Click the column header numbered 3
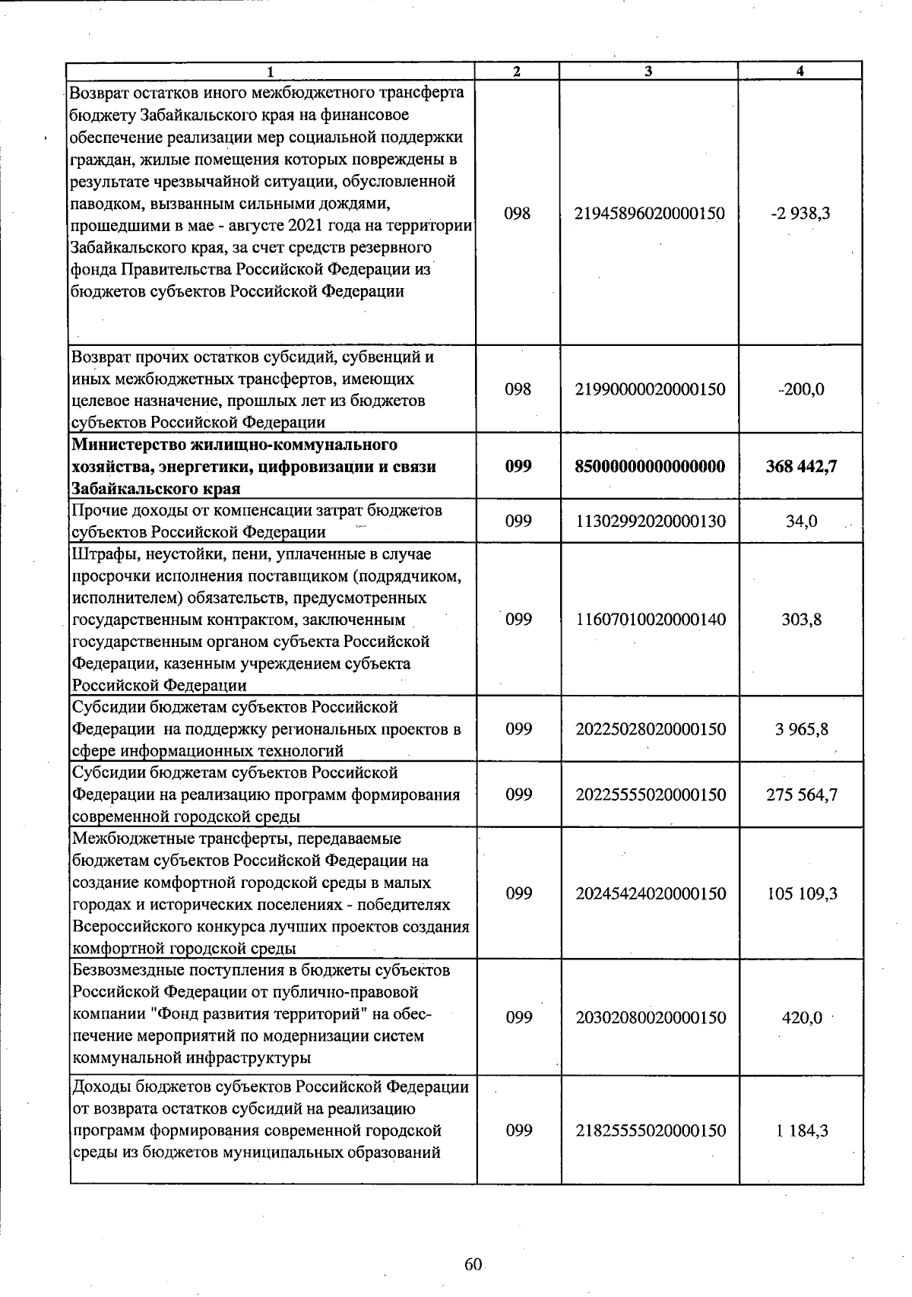(648, 71)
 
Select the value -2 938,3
(800, 214)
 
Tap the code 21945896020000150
(650, 214)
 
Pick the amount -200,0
(800, 389)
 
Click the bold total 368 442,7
(801, 466)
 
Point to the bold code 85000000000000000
(650, 466)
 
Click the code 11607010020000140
(650, 620)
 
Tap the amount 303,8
(801, 620)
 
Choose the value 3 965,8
(801, 729)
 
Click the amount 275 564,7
(801, 794)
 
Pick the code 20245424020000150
(651, 893)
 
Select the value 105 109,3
(802, 893)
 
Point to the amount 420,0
(802, 1018)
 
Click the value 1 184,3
(802, 1131)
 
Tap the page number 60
(473, 1264)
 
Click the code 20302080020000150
(651, 1018)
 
